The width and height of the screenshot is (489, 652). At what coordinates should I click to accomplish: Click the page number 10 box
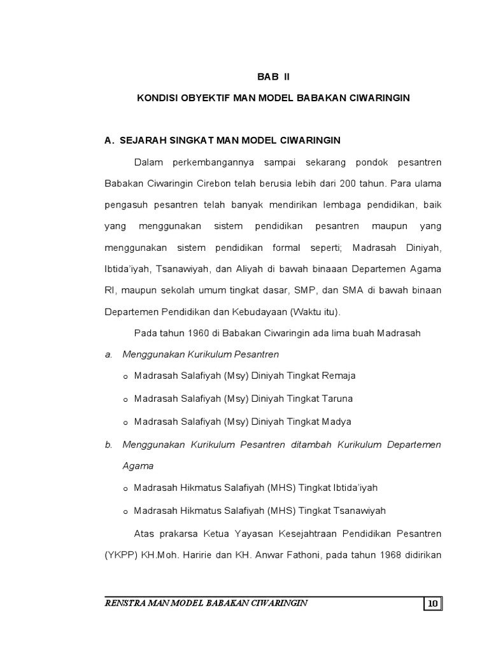coord(432,604)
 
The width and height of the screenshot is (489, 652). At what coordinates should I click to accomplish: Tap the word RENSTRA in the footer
coord(125,603)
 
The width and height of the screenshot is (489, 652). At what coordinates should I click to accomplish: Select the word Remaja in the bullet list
coord(338,376)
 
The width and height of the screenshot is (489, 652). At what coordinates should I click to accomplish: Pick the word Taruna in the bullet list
coord(337,399)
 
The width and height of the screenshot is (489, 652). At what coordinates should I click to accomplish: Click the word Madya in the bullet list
coord(336,422)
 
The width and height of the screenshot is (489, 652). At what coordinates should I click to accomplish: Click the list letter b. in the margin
coord(108,444)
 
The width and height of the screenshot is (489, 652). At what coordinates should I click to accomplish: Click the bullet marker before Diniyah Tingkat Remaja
coord(125,377)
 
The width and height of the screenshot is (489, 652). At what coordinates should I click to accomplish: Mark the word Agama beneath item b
coord(138,465)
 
